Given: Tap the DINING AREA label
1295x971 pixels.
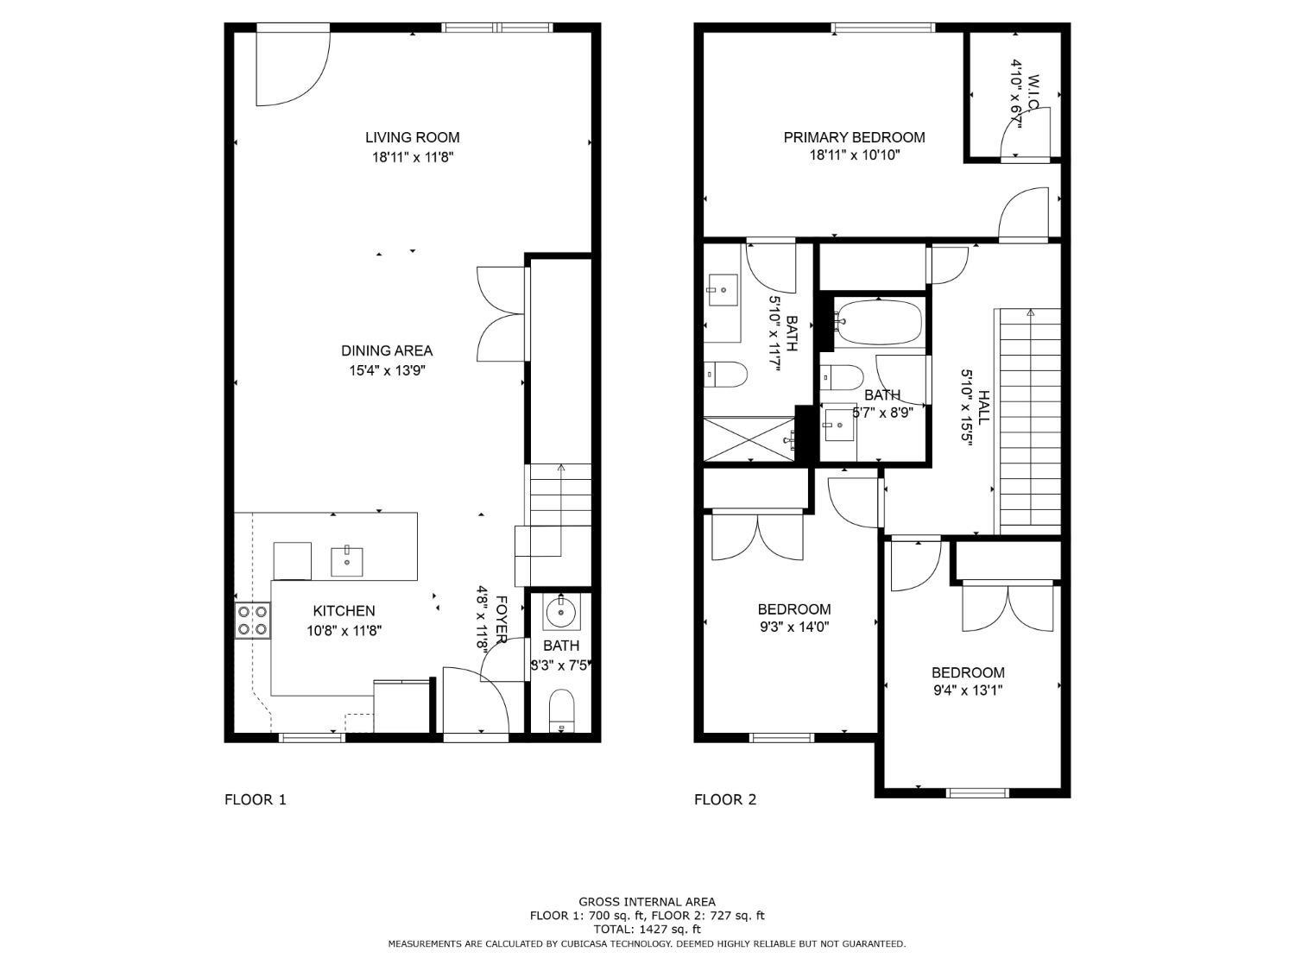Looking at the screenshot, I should click(x=387, y=350).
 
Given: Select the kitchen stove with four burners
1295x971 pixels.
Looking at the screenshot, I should click(x=253, y=621).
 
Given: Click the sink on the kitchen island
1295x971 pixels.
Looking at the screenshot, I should click(x=346, y=561).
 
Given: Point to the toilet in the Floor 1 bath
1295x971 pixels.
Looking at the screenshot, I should click(x=561, y=709).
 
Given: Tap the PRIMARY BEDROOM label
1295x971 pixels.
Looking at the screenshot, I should click(x=854, y=137).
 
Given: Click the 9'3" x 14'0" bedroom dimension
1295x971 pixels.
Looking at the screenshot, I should click(x=793, y=627).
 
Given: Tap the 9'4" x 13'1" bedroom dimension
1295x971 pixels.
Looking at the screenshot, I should click(x=967, y=690).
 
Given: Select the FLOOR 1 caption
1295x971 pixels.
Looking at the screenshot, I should click(x=255, y=799).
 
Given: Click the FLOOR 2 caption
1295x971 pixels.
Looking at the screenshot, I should click(x=724, y=799).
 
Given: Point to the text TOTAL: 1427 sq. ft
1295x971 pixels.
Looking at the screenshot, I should click(x=647, y=930).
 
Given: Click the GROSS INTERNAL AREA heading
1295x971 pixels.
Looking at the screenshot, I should click(x=647, y=902).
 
